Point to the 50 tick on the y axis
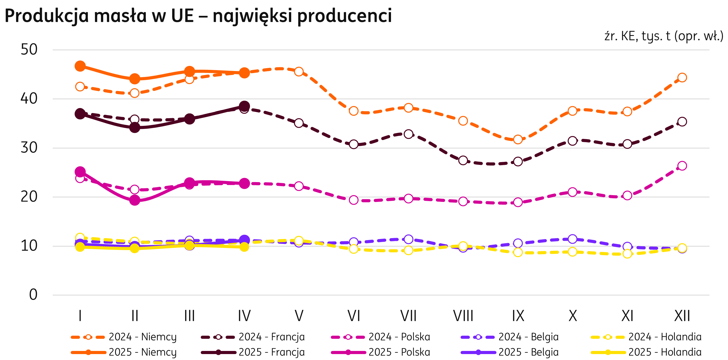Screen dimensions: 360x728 [29, 50]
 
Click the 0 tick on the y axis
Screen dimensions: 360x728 [33, 295]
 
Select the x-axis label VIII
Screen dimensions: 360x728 [463, 316]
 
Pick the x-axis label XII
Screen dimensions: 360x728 [682, 316]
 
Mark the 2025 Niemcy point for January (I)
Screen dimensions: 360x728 [80, 66]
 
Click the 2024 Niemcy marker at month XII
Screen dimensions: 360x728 [682, 77]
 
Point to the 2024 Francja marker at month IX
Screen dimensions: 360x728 [518, 161]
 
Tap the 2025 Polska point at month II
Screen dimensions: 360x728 [135, 200]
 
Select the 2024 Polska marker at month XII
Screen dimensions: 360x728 [682, 166]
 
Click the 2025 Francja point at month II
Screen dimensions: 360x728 [135, 128]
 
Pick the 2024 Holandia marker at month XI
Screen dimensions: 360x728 [627, 254]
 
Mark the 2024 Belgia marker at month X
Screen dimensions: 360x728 [573, 239]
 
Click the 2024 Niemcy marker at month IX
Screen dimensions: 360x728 [518, 139]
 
